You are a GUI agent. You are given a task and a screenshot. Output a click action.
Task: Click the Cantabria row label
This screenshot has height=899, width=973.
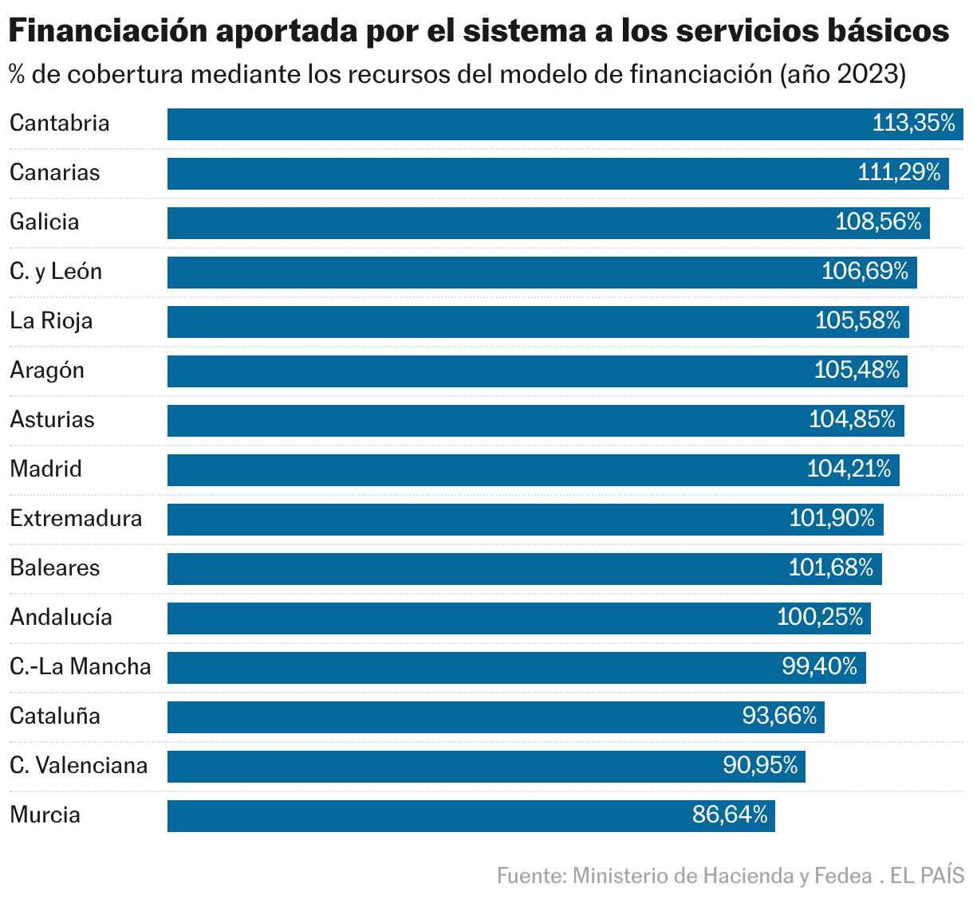[60, 124]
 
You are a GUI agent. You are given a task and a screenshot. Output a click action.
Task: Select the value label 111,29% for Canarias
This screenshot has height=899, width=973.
[899, 172]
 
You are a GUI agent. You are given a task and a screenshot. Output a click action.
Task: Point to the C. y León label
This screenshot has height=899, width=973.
[56, 272]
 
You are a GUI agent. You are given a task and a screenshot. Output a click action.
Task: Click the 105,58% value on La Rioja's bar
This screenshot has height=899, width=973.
[857, 320]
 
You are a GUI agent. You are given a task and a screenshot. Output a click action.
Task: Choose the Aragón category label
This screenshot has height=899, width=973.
[47, 371]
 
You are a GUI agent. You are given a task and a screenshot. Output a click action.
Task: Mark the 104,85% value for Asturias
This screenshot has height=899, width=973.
[852, 419]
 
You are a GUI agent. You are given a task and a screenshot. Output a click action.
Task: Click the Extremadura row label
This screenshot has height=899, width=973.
[76, 519]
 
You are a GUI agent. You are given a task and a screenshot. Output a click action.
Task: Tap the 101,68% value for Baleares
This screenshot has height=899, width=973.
[831, 567]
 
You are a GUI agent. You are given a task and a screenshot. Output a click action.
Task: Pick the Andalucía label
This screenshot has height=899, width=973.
[61, 618]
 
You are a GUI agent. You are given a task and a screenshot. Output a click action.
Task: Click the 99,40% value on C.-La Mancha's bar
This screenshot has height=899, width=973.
[819, 666]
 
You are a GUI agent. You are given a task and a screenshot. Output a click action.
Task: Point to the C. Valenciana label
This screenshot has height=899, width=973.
[79, 766]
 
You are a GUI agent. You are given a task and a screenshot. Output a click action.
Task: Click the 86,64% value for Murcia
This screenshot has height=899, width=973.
[730, 815]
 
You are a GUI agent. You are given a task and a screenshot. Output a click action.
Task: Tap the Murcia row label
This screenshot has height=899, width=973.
[45, 815]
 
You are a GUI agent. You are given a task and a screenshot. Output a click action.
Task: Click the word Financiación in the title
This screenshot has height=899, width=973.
[108, 32]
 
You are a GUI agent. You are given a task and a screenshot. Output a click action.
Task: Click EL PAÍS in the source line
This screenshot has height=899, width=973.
[927, 876]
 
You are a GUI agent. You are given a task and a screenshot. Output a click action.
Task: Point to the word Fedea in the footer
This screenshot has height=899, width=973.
[842, 876]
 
